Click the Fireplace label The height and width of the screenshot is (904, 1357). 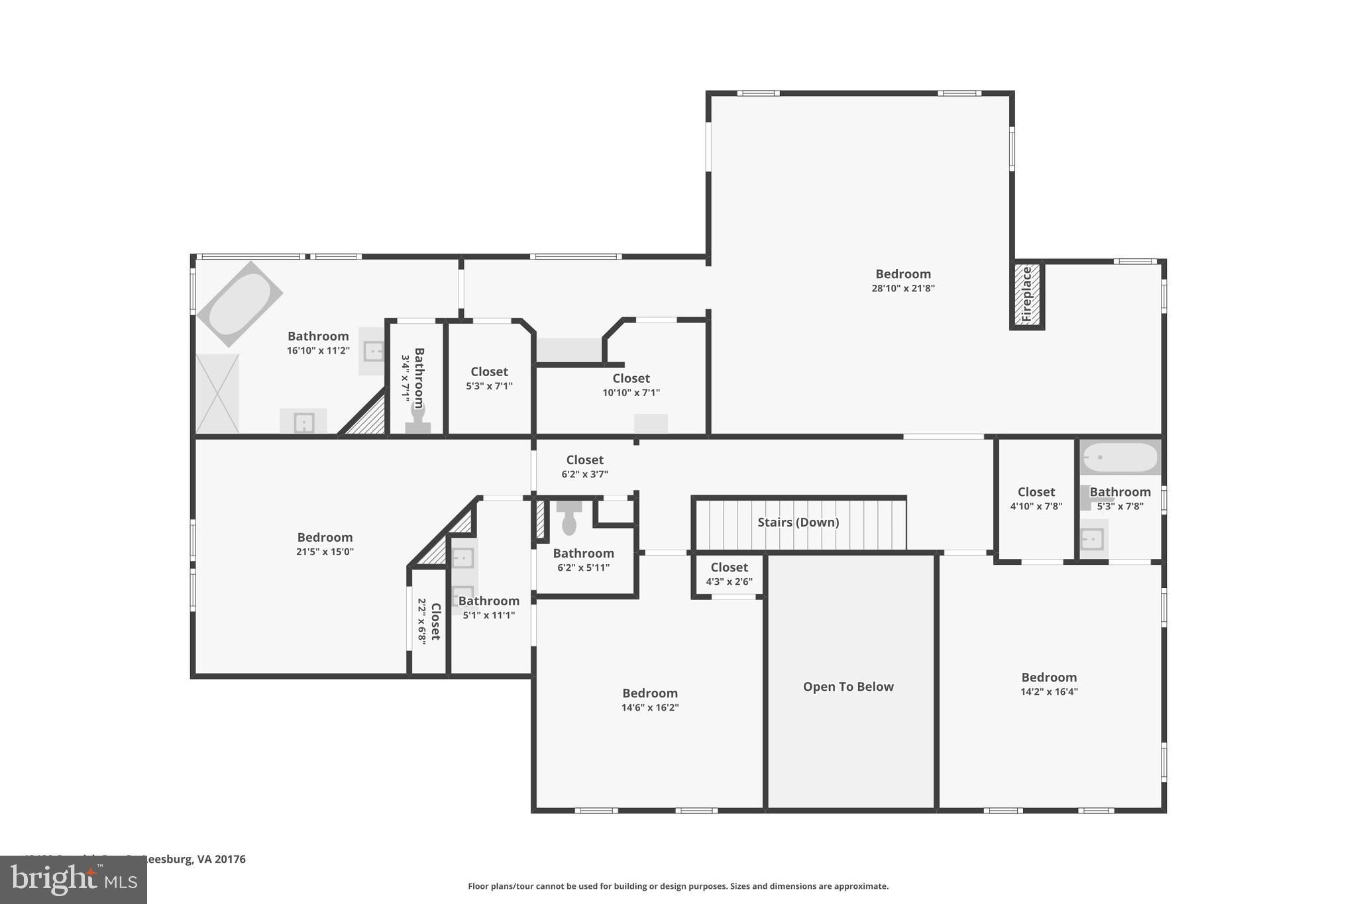point(1026,295)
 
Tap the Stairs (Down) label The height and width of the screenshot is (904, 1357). point(798,523)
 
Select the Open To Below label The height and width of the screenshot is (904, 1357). point(848,687)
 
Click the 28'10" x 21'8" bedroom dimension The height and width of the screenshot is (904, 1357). point(903,288)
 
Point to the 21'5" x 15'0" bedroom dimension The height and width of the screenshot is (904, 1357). point(325,552)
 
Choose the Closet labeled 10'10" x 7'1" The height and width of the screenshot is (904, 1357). point(631,379)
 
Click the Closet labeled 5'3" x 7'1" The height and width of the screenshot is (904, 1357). point(489,372)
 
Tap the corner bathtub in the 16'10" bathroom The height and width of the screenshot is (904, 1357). point(240,304)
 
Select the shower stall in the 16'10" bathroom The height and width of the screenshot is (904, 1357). point(217,393)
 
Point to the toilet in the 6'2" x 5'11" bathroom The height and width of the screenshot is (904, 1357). point(569,519)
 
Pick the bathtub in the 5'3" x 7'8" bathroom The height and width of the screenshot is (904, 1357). point(1120,457)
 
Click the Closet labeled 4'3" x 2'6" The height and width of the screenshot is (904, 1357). point(729,568)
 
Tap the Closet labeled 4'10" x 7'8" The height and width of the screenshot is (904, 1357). point(1036,492)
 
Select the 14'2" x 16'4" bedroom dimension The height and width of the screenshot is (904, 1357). point(1049,691)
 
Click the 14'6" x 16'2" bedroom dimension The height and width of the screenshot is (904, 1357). point(649,707)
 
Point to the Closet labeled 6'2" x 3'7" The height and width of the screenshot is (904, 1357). point(584,460)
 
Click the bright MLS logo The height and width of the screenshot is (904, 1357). point(74,879)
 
